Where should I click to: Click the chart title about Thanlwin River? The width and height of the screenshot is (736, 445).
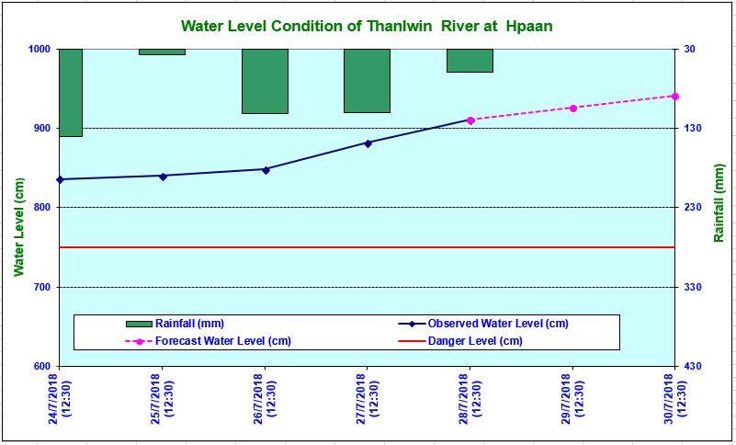(367, 25)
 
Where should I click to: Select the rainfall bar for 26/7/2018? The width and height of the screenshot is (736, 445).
(265, 81)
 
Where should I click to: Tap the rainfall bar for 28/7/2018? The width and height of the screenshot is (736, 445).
(470, 60)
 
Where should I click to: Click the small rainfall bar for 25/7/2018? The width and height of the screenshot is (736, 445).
(162, 51)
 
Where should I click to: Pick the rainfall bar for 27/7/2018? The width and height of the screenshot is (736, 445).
(367, 80)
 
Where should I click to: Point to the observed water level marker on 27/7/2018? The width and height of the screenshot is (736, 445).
(368, 143)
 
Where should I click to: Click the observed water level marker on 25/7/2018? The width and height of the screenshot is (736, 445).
(163, 176)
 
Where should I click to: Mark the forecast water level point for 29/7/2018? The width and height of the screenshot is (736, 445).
(572, 108)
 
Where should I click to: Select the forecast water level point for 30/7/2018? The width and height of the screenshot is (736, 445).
(674, 96)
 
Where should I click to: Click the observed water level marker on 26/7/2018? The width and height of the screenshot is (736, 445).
(266, 169)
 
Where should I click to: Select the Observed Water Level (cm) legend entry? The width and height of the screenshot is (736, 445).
(497, 324)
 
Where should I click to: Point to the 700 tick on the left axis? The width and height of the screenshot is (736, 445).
(40, 288)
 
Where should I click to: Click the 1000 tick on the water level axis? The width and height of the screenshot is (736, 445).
(38, 49)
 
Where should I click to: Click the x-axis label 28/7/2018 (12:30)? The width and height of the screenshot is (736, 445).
(470, 396)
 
